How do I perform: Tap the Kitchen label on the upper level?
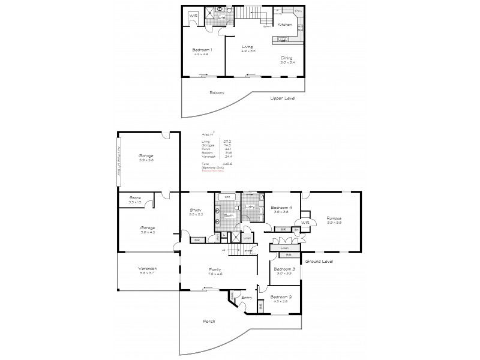(284, 24)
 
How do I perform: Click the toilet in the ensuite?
(220, 10)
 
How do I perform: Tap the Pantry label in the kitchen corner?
(298, 11)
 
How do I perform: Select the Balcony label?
(217, 92)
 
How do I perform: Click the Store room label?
(135, 198)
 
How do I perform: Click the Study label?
(196, 210)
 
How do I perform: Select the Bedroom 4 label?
(281, 208)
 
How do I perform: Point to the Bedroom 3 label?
(284, 269)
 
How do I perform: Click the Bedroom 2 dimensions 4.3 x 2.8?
(280, 302)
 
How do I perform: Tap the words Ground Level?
(319, 262)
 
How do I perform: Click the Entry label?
(246, 297)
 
